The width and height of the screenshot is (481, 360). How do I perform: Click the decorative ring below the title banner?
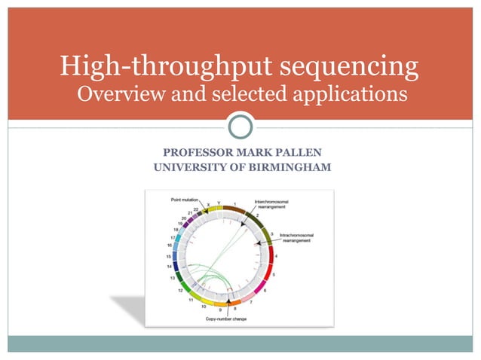(x=240, y=125)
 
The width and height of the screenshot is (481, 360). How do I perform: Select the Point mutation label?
(x=183, y=200)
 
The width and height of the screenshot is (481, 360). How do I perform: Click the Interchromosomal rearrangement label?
(x=278, y=203)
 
